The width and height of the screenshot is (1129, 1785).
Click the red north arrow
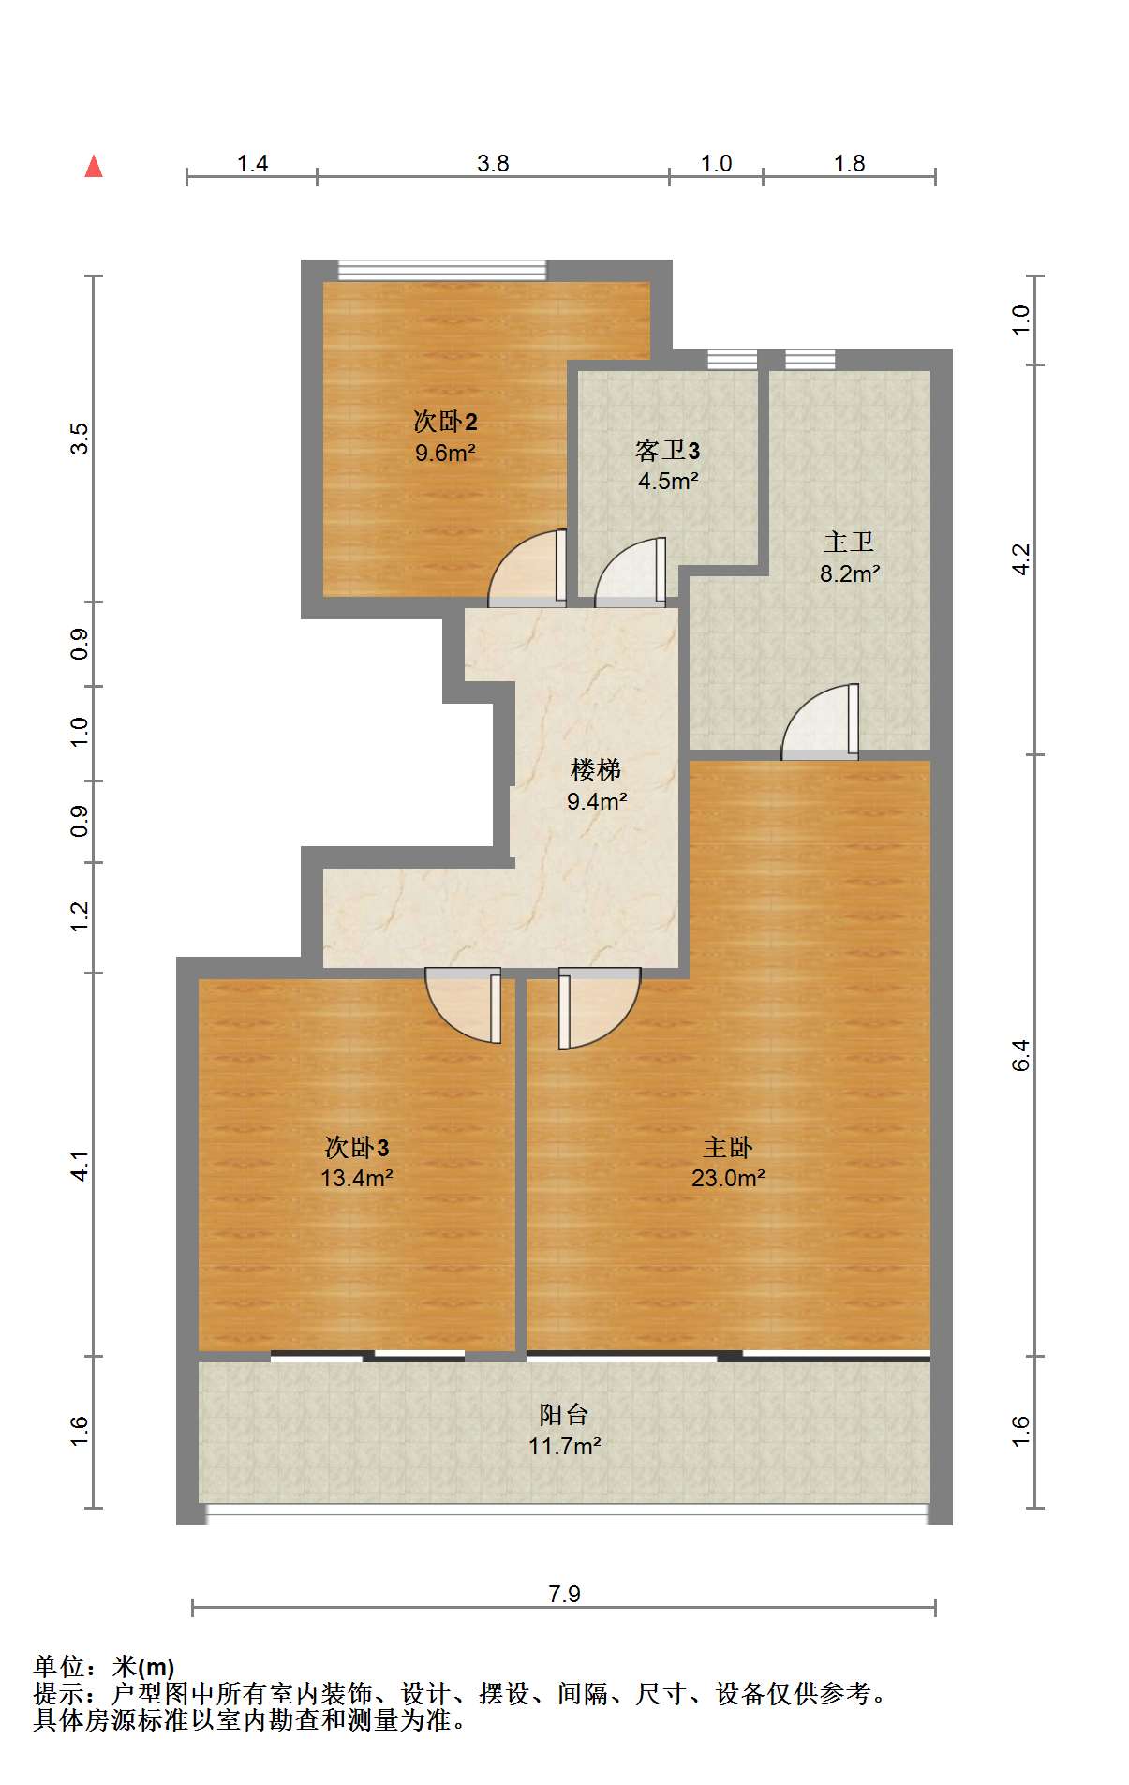coord(94,167)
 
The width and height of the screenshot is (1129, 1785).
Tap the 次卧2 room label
coord(445,422)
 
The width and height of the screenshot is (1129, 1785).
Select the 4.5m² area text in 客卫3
coord(668,482)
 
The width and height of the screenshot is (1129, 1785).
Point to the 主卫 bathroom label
coord(849,543)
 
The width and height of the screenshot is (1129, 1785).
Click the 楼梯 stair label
coord(596,770)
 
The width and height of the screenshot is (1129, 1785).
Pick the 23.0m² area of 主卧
coord(728,1178)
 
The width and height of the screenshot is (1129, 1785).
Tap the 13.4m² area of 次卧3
coord(357,1178)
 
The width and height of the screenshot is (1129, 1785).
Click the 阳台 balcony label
coord(564,1414)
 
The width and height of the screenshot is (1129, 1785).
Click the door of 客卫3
coord(631,572)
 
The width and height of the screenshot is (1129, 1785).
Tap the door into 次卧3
coord(463,1005)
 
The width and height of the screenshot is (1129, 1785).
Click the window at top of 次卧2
coord(441,270)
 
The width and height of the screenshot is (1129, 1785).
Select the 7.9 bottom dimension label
coord(565,1594)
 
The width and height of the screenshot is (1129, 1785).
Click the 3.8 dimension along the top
coord(493,163)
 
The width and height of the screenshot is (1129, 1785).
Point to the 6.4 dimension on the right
coord(1020,1055)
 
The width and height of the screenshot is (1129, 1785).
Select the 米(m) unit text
coord(143,1667)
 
